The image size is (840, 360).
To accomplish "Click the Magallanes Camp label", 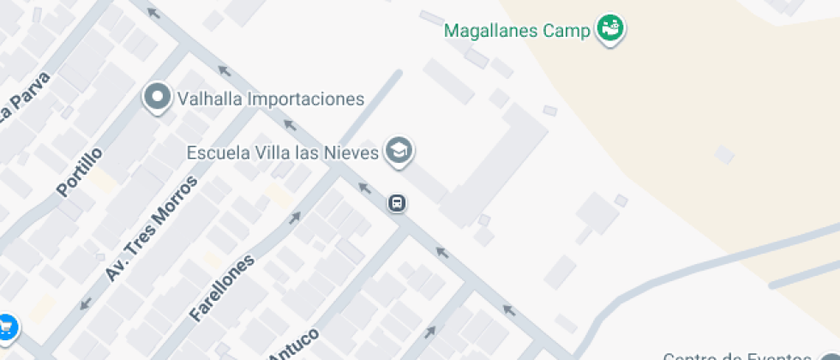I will pyautogui.click(x=517, y=31).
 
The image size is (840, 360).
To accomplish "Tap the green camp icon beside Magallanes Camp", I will pyautogui.click(x=610, y=28).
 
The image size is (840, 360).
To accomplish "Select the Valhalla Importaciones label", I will pyautogui.click(x=271, y=99).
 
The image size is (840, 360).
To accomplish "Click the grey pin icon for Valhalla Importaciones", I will pyautogui.click(x=158, y=98).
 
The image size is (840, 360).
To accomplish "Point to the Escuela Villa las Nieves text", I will pyautogui.click(x=283, y=153).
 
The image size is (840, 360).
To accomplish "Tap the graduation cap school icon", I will pyautogui.click(x=399, y=152).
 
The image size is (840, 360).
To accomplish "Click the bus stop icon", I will pyautogui.click(x=398, y=204).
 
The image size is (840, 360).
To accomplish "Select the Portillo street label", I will pyautogui.click(x=80, y=171).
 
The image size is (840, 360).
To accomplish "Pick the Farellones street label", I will pyautogui.click(x=223, y=287).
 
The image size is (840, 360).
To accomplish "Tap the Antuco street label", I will pyautogui.click(x=294, y=345).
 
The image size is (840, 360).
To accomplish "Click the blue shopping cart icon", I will pyautogui.click(x=6, y=327).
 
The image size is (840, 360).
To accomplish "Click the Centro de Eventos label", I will pyautogui.click(x=737, y=356).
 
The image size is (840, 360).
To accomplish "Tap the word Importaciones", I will pyautogui.click(x=306, y=99).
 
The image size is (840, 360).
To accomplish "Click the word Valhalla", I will pyautogui.click(x=210, y=99).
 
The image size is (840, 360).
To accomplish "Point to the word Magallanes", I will pyautogui.click(x=491, y=31).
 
